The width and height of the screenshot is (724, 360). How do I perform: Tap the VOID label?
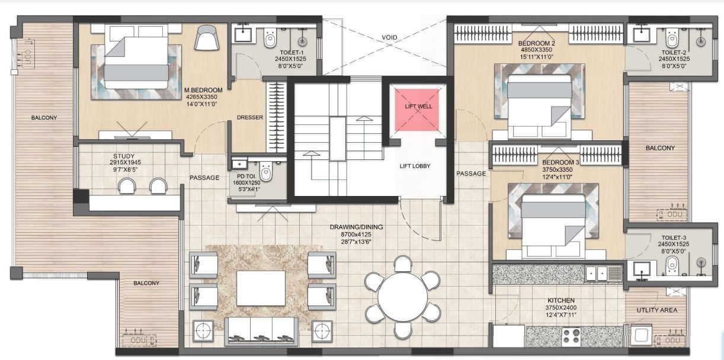[389, 37]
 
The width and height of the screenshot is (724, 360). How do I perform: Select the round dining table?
[402, 297]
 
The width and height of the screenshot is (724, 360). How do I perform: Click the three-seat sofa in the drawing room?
[261, 331]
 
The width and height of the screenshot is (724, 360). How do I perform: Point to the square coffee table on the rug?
[261, 288]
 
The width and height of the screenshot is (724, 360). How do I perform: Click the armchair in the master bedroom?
[207, 37]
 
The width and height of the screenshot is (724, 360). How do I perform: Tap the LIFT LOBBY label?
[415, 166]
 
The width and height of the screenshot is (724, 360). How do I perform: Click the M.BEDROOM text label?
[203, 90]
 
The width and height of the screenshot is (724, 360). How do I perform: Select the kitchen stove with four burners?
[571, 336]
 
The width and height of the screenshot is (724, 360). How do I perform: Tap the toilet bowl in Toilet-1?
[270, 38]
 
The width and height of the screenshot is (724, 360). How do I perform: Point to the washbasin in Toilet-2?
[641, 35]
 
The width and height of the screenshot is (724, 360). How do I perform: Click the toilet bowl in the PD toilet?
[266, 172]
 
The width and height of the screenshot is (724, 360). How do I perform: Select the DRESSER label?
[250, 117]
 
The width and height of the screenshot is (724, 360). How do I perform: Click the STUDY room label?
[124, 156]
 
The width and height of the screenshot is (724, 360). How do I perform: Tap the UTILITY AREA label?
[657, 310]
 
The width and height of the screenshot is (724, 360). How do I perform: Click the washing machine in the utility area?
[641, 335]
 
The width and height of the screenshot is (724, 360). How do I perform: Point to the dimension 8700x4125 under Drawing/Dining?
[356, 234]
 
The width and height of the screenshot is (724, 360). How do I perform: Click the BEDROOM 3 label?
[561, 162]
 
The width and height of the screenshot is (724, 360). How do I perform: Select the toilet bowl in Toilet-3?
[672, 266]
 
